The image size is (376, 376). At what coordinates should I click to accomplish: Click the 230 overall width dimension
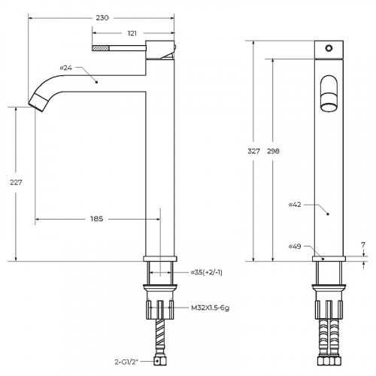click(102, 18)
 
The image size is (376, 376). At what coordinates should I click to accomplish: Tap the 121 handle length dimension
click(132, 33)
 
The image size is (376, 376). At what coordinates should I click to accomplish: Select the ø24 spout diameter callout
click(66, 68)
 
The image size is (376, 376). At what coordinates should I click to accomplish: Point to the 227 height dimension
click(16, 183)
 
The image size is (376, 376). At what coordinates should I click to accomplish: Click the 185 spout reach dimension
click(97, 219)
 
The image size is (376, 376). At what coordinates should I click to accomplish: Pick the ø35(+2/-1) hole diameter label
click(207, 272)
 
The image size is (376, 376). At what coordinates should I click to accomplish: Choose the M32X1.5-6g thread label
click(210, 308)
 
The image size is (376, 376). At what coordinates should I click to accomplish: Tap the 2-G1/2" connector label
click(126, 362)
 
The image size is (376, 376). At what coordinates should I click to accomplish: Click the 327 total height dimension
click(253, 151)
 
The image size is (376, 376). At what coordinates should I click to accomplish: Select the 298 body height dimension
click(273, 151)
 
